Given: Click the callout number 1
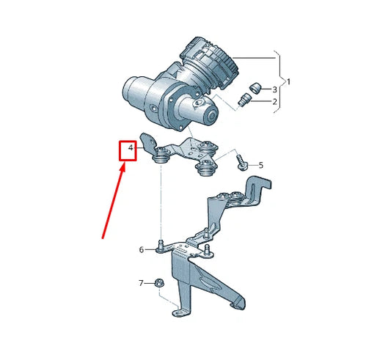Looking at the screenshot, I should coord(288,82).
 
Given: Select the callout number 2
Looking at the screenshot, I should coord(274,101).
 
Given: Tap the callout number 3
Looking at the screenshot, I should coord(274,88).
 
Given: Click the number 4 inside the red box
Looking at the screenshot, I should coord(130,150).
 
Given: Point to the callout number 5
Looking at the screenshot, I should coord(260,165).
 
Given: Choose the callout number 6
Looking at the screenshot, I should coord(142,250).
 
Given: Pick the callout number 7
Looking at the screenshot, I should coord(142,282).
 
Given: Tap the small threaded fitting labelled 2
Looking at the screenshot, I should coord(244,100).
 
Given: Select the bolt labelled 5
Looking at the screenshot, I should coord(240,162).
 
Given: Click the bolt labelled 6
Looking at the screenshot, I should coord(159,247).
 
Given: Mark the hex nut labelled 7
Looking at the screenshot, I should coord(158,282).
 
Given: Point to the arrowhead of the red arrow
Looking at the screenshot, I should coord(123,168).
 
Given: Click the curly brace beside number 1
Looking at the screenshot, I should coord(279,81).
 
